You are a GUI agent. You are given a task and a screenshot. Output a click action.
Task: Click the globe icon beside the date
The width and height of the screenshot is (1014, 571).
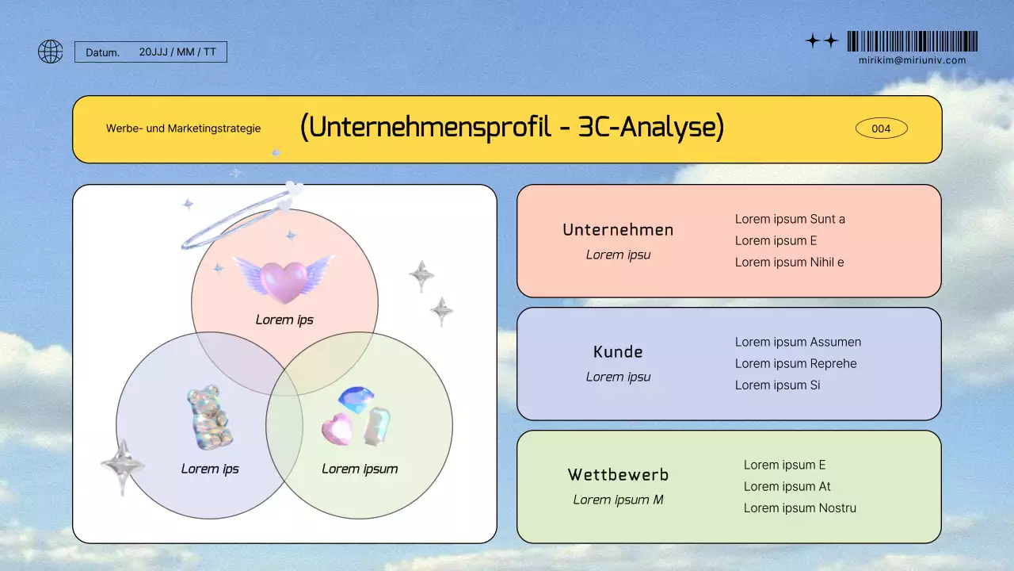51,52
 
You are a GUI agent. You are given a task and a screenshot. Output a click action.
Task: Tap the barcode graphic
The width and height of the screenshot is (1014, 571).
912,41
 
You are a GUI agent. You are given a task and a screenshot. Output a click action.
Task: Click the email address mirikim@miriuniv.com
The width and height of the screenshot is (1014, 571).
912,60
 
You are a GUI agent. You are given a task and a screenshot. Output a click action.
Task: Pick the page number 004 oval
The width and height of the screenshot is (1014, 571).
881,128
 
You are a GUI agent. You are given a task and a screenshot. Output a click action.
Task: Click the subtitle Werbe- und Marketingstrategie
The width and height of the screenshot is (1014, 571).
183,128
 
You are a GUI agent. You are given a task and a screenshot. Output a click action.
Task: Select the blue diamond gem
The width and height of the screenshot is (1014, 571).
355,398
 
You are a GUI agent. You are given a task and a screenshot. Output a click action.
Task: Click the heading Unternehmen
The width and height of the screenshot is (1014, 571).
618,230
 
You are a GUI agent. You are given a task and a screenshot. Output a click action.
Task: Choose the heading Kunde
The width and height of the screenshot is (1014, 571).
618,352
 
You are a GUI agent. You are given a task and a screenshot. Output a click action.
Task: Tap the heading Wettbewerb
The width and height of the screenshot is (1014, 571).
618,475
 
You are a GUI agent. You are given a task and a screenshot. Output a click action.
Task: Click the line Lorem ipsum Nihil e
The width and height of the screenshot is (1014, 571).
789,263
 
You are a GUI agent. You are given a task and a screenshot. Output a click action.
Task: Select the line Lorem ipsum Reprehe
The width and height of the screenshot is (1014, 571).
795,364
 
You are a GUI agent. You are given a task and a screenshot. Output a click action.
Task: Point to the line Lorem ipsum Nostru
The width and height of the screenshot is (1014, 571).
799,508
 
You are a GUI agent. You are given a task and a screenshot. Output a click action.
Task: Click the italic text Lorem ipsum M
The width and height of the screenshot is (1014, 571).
618,500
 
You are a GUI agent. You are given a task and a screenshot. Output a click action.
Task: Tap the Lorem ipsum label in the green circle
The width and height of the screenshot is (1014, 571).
360,469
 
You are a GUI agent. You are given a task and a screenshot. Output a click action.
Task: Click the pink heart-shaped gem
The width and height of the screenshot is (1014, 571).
336,428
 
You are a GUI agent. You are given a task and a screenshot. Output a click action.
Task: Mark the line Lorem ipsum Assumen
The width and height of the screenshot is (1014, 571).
798,343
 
